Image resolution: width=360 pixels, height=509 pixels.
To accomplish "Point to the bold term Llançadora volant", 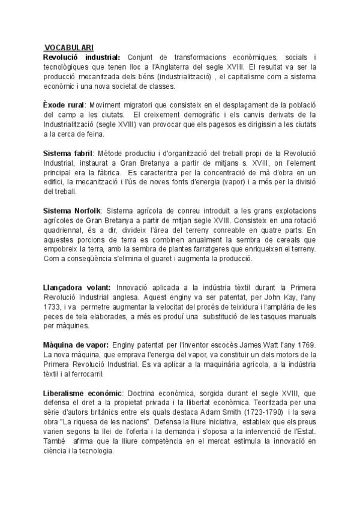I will [x=77, y=287].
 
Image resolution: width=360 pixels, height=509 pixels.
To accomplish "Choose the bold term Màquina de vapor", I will [x=76, y=345].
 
